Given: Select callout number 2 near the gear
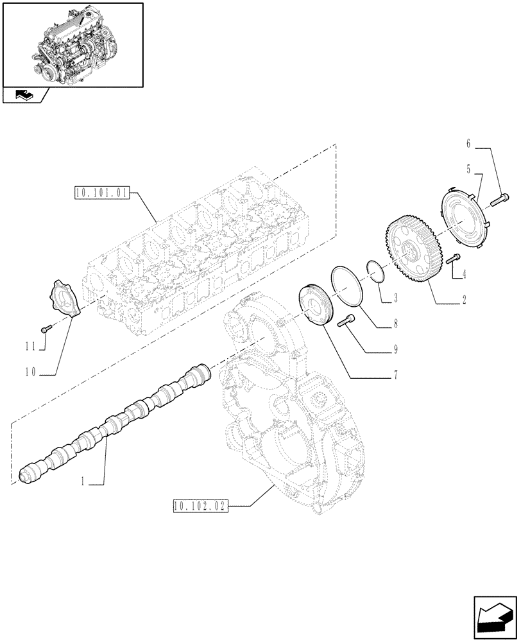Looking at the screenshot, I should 463,300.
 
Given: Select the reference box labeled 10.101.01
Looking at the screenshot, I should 102,192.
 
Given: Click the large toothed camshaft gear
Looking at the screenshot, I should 411,251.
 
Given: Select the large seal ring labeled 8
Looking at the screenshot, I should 346,286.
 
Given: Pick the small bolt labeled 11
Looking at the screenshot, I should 44,329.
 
